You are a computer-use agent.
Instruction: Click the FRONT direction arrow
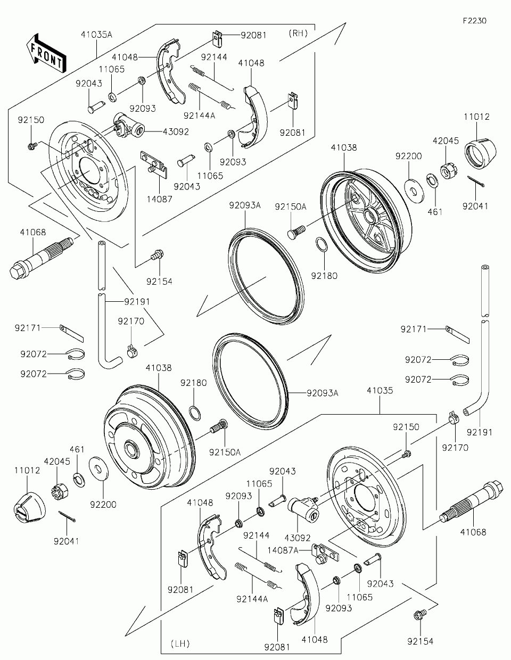pos(46,53)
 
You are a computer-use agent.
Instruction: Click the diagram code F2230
pos(475,21)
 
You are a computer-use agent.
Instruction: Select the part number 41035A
pos(96,35)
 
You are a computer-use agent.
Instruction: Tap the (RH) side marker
pos(298,33)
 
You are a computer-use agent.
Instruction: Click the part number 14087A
pos(283,550)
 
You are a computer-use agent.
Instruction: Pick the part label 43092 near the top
pos(176,131)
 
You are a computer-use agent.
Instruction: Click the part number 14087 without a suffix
pos(159,199)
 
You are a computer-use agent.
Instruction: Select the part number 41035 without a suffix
pos(380,390)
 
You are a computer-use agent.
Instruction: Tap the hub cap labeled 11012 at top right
pos(480,153)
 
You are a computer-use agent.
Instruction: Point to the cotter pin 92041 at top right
pos(476,181)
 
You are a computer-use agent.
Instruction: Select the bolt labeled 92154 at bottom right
pos(420,614)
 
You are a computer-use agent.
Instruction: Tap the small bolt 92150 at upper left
pos(32,146)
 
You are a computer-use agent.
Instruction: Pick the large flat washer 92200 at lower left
pos(98,468)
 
